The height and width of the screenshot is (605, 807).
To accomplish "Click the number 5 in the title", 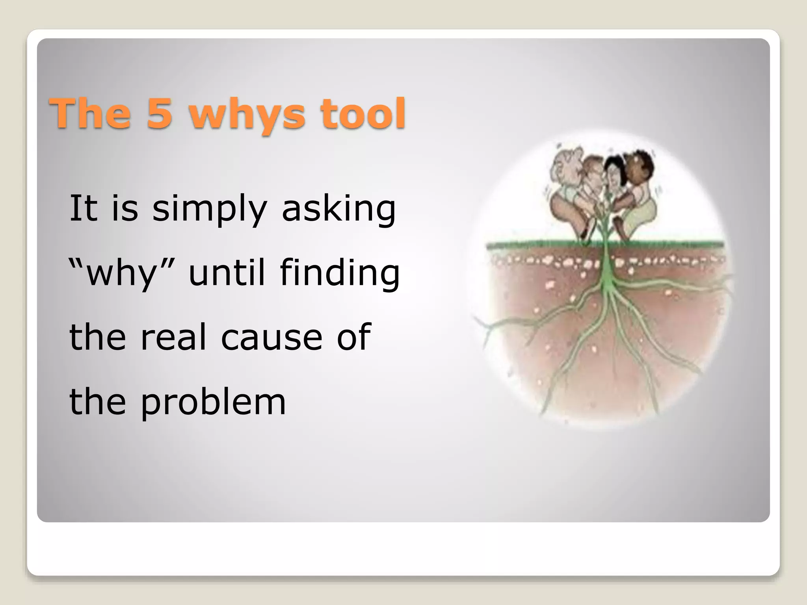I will (160, 113).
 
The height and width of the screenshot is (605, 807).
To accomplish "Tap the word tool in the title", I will (363, 113).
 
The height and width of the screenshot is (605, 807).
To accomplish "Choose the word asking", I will (338, 209).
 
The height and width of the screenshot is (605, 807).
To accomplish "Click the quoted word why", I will (122, 273).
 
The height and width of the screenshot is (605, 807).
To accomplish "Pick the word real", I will (173, 337).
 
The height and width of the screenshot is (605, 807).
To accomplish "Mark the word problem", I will (213, 403).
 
